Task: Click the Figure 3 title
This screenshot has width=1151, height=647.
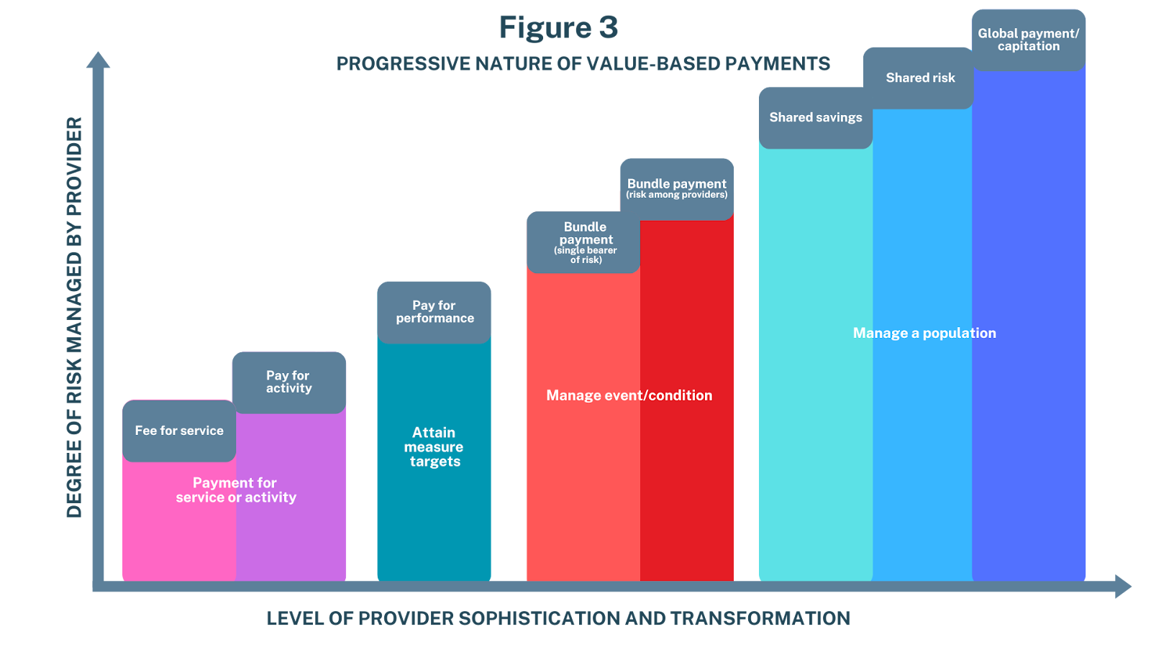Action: coord(558,28)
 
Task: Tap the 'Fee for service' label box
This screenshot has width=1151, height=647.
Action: coord(179,431)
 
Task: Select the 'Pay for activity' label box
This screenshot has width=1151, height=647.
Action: coord(288,382)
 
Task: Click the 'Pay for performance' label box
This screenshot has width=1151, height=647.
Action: coord(435,312)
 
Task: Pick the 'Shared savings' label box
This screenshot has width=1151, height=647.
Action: coord(816,117)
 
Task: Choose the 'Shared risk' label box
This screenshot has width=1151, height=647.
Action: coord(920,78)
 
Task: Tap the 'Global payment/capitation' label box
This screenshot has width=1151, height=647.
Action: coord(1028,40)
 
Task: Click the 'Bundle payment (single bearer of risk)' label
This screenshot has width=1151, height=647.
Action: coord(584,242)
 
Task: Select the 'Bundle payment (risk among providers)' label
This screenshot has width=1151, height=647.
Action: coord(676,188)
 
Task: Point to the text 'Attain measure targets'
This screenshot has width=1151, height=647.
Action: coord(434,447)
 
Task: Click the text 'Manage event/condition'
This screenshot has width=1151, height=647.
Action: coord(629,395)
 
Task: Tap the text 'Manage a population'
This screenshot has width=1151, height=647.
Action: coord(924,333)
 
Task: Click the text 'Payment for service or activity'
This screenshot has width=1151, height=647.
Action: coord(235,490)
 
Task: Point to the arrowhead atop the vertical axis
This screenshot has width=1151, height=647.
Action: coord(98,60)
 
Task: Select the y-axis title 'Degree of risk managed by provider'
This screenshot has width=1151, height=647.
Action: coord(74,316)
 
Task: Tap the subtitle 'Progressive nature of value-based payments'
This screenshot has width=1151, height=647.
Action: coord(583,64)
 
